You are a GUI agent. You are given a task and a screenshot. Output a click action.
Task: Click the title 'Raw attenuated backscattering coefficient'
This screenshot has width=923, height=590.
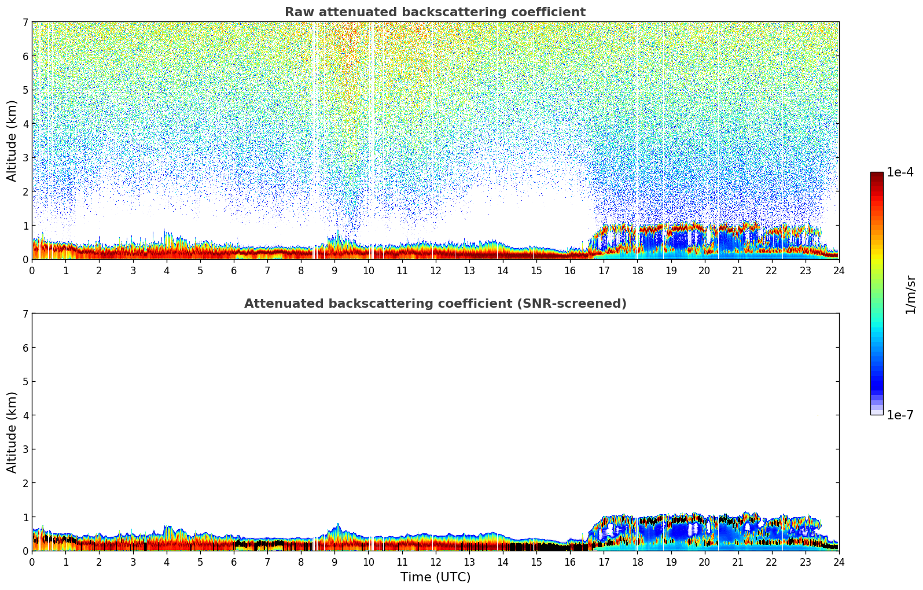pyautogui.click(x=435, y=12)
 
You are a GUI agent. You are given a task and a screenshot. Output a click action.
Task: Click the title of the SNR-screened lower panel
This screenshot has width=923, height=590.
pyautogui.click(x=435, y=304)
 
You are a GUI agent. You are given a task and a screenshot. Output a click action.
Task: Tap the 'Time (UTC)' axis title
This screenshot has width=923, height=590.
pyautogui.click(x=435, y=577)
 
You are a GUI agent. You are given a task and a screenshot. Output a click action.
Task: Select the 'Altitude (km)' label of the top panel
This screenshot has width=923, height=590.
pyautogui.click(x=12, y=141)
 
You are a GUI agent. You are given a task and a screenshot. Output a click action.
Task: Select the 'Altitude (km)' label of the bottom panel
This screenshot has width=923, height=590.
pyautogui.click(x=12, y=432)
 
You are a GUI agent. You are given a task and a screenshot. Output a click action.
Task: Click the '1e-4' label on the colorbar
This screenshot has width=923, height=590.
pyautogui.click(x=900, y=172)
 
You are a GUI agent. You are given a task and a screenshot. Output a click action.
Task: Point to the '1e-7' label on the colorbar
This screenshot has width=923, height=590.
pyautogui.click(x=900, y=415)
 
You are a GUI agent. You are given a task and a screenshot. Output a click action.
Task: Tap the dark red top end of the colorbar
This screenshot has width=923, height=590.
pyautogui.click(x=877, y=175)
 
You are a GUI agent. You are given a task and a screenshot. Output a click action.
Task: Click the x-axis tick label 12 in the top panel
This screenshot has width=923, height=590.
pyautogui.click(x=436, y=271)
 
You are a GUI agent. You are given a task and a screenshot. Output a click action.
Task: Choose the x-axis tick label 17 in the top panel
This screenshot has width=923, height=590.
pyautogui.click(x=604, y=271)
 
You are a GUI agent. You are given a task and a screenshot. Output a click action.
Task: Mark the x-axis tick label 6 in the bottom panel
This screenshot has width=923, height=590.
pyautogui.click(x=234, y=562)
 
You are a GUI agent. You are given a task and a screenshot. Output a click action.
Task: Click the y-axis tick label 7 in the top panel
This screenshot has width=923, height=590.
pyautogui.click(x=25, y=23)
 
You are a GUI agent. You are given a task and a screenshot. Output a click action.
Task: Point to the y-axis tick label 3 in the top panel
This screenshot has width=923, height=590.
pyautogui.click(x=25, y=158)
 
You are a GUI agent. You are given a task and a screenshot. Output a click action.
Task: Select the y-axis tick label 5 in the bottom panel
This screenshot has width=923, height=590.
pyautogui.click(x=25, y=382)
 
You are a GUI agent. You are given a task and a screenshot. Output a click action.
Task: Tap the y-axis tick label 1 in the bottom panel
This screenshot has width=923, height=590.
pyautogui.click(x=25, y=517)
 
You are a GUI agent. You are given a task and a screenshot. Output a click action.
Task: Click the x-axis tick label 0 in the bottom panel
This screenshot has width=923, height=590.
pyautogui.click(x=32, y=562)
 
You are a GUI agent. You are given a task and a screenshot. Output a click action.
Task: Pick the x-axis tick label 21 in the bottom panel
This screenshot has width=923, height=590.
pyautogui.click(x=738, y=562)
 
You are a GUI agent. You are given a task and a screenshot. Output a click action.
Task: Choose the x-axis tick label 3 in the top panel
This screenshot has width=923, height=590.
pyautogui.click(x=133, y=271)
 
